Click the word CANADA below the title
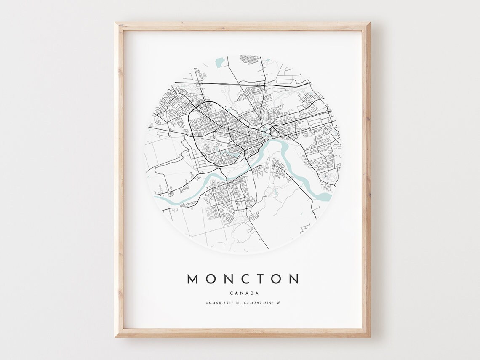pos(244,293)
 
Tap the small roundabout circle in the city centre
pos(268,132)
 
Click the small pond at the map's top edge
pos(219,62)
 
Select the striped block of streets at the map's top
pos(249,59)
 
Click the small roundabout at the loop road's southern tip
pos(219,167)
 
